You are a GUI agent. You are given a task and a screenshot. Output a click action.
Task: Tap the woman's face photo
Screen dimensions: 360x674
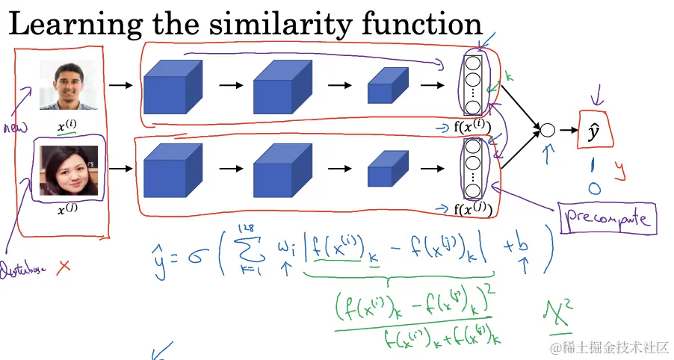pos(69,170)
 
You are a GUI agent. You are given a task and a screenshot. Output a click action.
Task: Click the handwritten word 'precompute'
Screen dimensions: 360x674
pos(605,219)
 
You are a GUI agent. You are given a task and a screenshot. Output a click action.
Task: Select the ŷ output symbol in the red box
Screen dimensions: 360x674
pos(594,132)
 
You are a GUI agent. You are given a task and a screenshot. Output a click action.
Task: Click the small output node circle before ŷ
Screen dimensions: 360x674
pos(547,130)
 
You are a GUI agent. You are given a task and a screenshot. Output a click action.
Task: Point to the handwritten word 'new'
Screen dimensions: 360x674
pos(14,127)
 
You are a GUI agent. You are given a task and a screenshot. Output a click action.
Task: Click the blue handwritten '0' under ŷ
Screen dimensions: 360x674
pos(594,188)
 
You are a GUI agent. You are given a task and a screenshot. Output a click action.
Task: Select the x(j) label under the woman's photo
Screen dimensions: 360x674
pos(68,211)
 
